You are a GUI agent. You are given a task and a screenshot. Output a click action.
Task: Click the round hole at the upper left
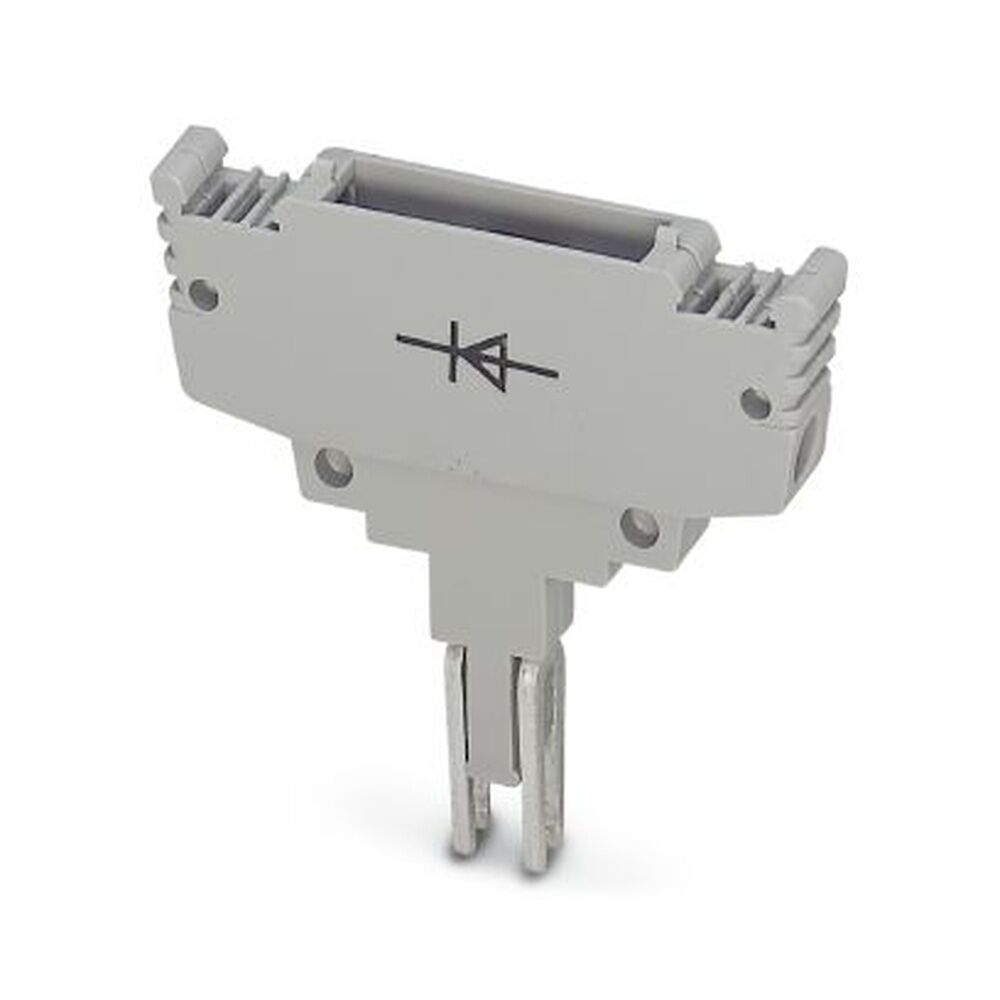(x=204, y=294)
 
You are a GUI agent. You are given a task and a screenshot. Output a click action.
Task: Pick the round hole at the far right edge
(x=756, y=403)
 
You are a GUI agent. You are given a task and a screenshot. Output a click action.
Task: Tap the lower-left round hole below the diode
(x=332, y=467)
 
